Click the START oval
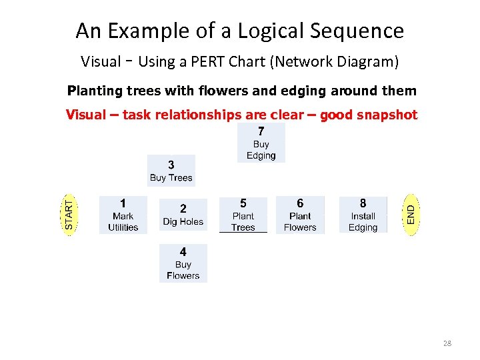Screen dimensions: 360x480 pyautogui.click(x=70, y=213)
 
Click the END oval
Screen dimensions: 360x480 pyautogui.click(x=413, y=214)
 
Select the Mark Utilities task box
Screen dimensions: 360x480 pyautogui.click(x=123, y=215)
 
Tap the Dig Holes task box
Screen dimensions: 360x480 pyautogui.click(x=183, y=215)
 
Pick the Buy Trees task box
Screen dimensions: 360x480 pyautogui.click(x=171, y=171)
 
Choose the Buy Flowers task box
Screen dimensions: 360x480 pyautogui.click(x=183, y=263)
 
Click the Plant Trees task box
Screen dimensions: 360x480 pyautogui.click(x=243, y=215)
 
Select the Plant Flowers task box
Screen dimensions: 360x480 pyautogui.click(x=300, y=215)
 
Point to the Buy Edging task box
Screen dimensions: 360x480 pyautogui.click(x=261, y=143)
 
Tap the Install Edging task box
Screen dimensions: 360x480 pyautogui.click(x=363, y=215)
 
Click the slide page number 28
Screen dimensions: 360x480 pyautogui.click(x=447, y=344)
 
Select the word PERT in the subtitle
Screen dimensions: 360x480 pyautogui.click(x=199, y=63)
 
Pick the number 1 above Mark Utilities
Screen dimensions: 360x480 pyautogui.click(x=123, y=202)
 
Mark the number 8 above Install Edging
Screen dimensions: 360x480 pyautogui.click(x=363, y=203)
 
